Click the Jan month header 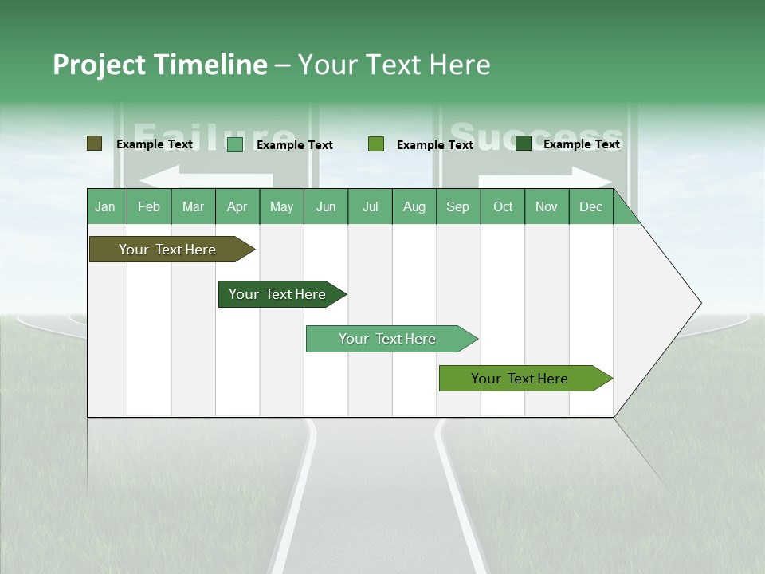click(x=105, y=206)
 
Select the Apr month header click(x=237, y=206)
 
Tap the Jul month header click(x=370, y=206)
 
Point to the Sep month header click(x=457, y=206)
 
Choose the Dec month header click(x=590, y=206)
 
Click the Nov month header click(x=546, y=206)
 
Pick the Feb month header click(x=149, y=206)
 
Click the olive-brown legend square click(x=94, y=143)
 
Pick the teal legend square click(x=234, y=144)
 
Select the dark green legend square click(x=523, y=143)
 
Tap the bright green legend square click(x=376, y=144)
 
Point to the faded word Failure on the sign click(x=213, y=136)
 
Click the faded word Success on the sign click(x=535, y=136)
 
